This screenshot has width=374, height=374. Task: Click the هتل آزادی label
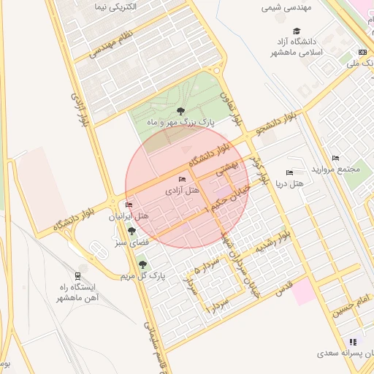point(182,190)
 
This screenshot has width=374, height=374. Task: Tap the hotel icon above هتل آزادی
point(182,180)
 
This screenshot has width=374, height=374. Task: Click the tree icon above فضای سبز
point(131,231)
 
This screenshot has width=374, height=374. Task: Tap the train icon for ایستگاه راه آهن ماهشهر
point(78,267)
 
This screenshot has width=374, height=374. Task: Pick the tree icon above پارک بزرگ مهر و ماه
point(180,111)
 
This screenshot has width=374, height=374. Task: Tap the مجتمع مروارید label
point(336,169)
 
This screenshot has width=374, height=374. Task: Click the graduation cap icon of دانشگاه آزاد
point(297,31)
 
